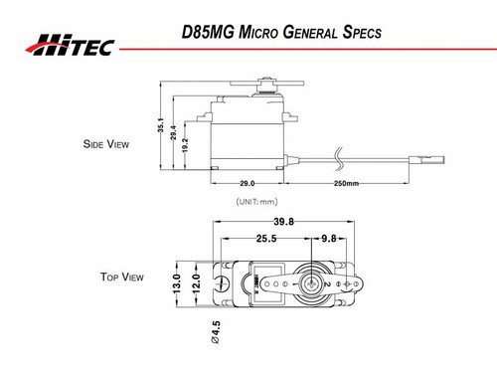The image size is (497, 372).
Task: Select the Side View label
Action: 107,144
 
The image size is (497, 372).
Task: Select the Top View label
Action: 121,277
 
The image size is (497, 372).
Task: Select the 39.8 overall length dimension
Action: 284,221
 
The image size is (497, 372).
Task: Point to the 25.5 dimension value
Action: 266,239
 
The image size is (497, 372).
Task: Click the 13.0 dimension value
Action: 178,283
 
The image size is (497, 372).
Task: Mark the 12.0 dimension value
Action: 196,283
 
